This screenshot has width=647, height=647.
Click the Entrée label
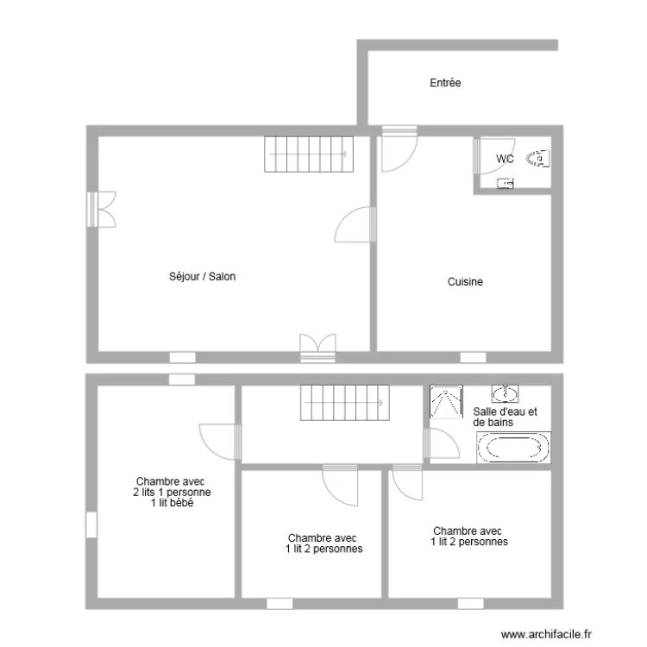pos(445,83)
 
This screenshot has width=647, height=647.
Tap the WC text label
pos(506,159)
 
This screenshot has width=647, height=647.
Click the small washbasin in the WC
pos(506,183)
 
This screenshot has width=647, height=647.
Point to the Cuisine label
pos(465,281)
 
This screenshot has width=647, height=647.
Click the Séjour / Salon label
pos(203,277)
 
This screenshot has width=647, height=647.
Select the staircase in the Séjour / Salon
pos(308,154)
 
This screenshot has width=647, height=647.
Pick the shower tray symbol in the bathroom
pos(445,401)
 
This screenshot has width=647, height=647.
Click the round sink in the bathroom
pos(504,395)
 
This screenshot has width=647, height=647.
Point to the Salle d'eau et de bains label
pos(505,418)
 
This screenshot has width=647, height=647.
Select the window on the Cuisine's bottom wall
pos(472,356)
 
